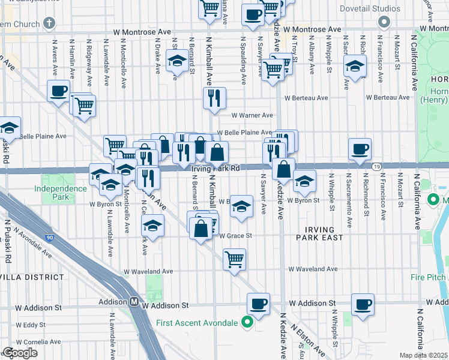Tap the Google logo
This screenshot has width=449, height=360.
[20, 353]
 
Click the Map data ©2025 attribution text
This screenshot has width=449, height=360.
[423, 355]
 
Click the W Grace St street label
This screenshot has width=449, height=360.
[235, 236]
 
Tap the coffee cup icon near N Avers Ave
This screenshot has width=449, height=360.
[59, 91]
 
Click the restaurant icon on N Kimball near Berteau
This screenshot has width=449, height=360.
[214, 97]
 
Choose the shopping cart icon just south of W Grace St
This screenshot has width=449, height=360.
[234, 260]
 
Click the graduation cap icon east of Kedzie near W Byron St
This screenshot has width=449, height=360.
[305, 181]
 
